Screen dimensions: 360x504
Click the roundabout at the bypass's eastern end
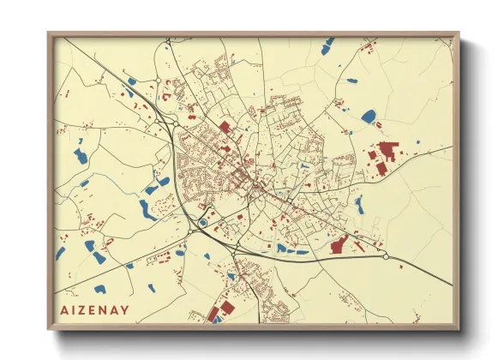click(386, 255)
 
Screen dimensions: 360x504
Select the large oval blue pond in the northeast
click(369, 116)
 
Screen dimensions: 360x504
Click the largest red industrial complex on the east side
click(385, 153)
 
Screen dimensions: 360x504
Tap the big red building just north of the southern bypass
click(339, 244)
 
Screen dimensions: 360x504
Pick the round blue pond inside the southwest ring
click(202, 224)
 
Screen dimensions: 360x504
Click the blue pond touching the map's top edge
click(327, 45)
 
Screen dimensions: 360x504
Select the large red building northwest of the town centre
click(225, 127)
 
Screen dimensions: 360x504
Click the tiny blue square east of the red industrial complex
click(417, 141)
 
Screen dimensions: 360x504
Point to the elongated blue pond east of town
click(359, 205)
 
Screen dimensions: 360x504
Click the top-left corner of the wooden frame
click(49, 34)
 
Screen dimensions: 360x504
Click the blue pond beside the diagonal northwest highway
click(132, 81)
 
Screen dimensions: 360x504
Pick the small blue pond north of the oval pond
click(351, 81)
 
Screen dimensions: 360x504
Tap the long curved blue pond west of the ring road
click(147, 210)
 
